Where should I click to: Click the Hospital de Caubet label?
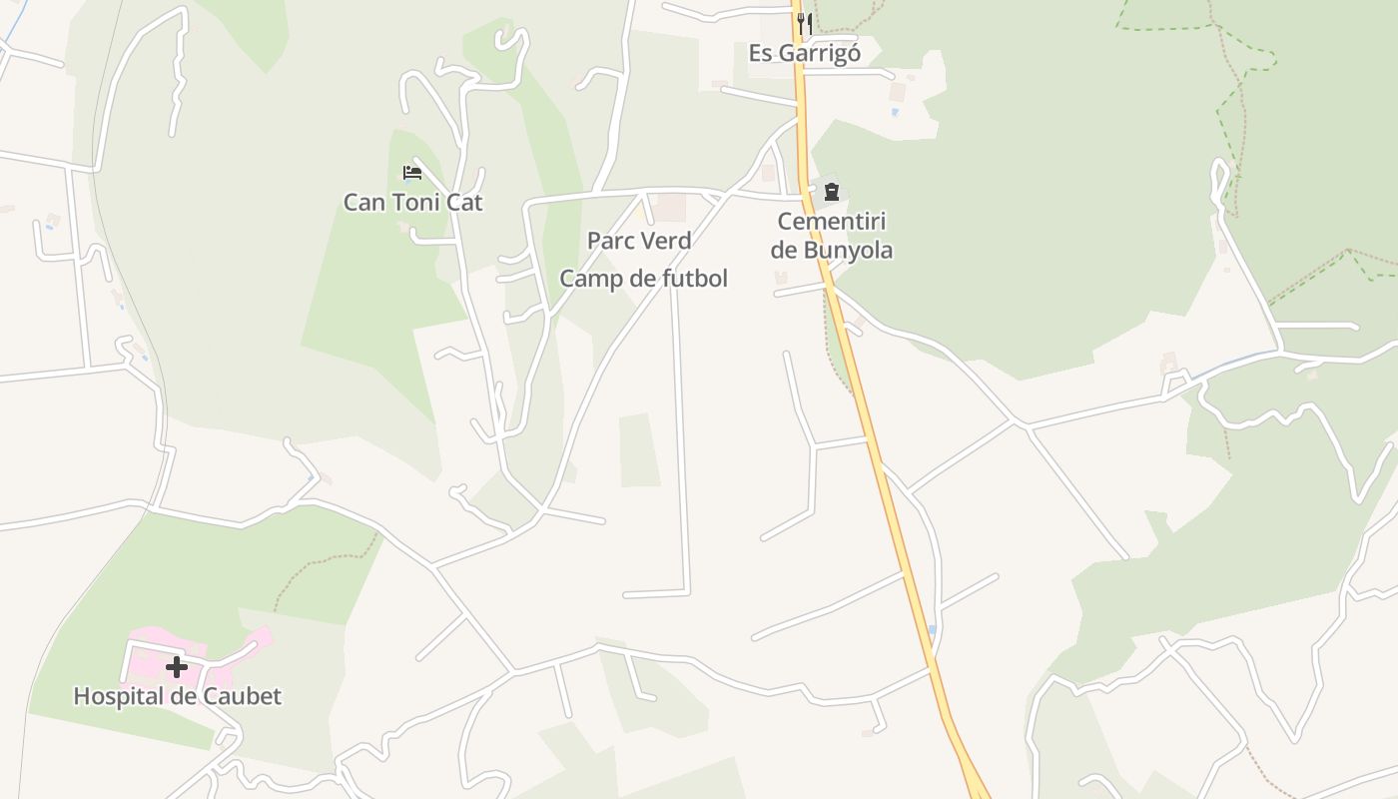pos(178,696)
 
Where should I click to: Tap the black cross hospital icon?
pos(177,667)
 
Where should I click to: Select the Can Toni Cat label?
pos(412,203)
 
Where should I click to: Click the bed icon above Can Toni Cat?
pos(412,173)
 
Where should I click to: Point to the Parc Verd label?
pos(639,241)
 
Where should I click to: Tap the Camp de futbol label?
pos(643,279)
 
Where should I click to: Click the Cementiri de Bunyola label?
pos(831,236)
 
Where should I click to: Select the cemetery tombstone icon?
pos(831,192)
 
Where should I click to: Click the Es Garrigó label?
pos(804,53)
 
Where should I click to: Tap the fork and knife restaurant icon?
pos(805,24)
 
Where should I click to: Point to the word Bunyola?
pos(845,250)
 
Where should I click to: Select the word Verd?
pos(667,241)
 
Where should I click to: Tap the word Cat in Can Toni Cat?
pos(464,203)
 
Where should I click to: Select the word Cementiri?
pos(831,222)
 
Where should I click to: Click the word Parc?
pos(611,241)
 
